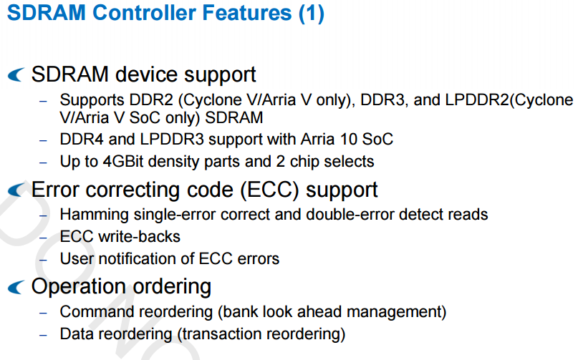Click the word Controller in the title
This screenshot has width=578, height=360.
pyautogui.click(x=144, y=13)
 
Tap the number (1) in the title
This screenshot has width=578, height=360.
pyautogui.click(x=311, y=14)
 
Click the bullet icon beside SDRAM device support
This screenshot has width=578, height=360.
pyautogui.click(x=16, y=74)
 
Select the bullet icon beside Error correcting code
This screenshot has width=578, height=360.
pyautogui.click(x=16, y=190)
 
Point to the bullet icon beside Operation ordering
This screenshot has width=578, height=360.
pyautogui.click(x=16, y=287)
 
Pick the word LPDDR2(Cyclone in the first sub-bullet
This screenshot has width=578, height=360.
pyautogui.click(x=509, y=100)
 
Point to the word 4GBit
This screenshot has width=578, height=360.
pyautogui.click(x=122, y=162)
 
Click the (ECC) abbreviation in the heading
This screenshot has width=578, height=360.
pyautogui.click(x=269, y=190)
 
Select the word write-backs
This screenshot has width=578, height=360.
pyautogui.click(x=139, y=237)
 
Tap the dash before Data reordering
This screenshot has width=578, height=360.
pyautogui.click(x=43, y=336)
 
